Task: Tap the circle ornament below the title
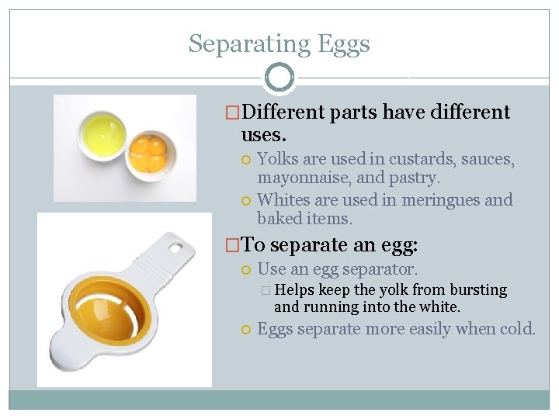tap(279, 78)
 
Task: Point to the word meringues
tap(439, 200)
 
